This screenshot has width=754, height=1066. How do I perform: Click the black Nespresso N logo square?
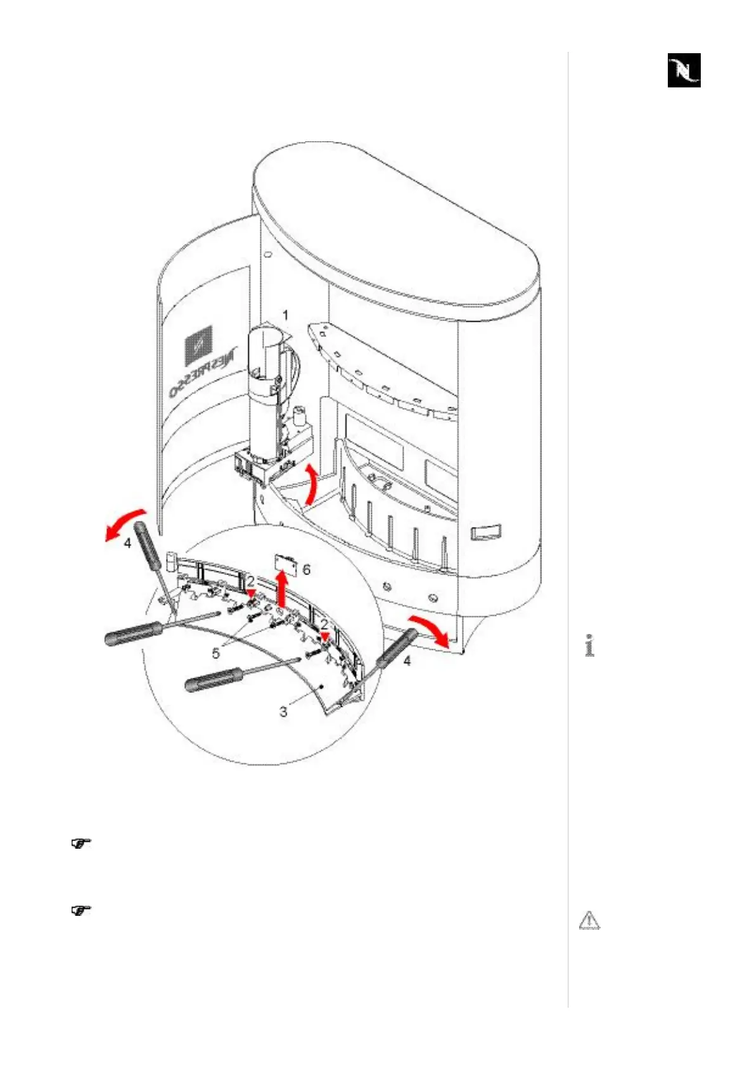[x=684, y=70]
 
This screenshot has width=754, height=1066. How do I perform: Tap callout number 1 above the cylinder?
[x=285, y=315]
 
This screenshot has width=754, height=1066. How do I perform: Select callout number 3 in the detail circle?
[x=283, y=711]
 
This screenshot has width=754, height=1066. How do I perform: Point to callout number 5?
[x=216, y=653]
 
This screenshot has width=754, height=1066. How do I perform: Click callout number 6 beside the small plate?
[x=307, y=569]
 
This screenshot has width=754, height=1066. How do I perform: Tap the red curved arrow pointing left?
[x=125, y=523]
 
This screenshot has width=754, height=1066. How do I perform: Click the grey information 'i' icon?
[x=590, y=645]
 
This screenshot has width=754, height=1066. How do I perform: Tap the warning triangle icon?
[x=589, y=920]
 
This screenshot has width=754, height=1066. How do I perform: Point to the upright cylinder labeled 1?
[x=262, y=393]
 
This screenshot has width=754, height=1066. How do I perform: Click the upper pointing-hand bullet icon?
[x=80, y=843]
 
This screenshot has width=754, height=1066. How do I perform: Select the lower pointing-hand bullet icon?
[x=80, y=911]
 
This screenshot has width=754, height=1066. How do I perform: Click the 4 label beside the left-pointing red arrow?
[x=127, y=543]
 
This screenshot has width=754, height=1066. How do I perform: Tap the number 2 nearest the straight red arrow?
[x=251, y=580]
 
